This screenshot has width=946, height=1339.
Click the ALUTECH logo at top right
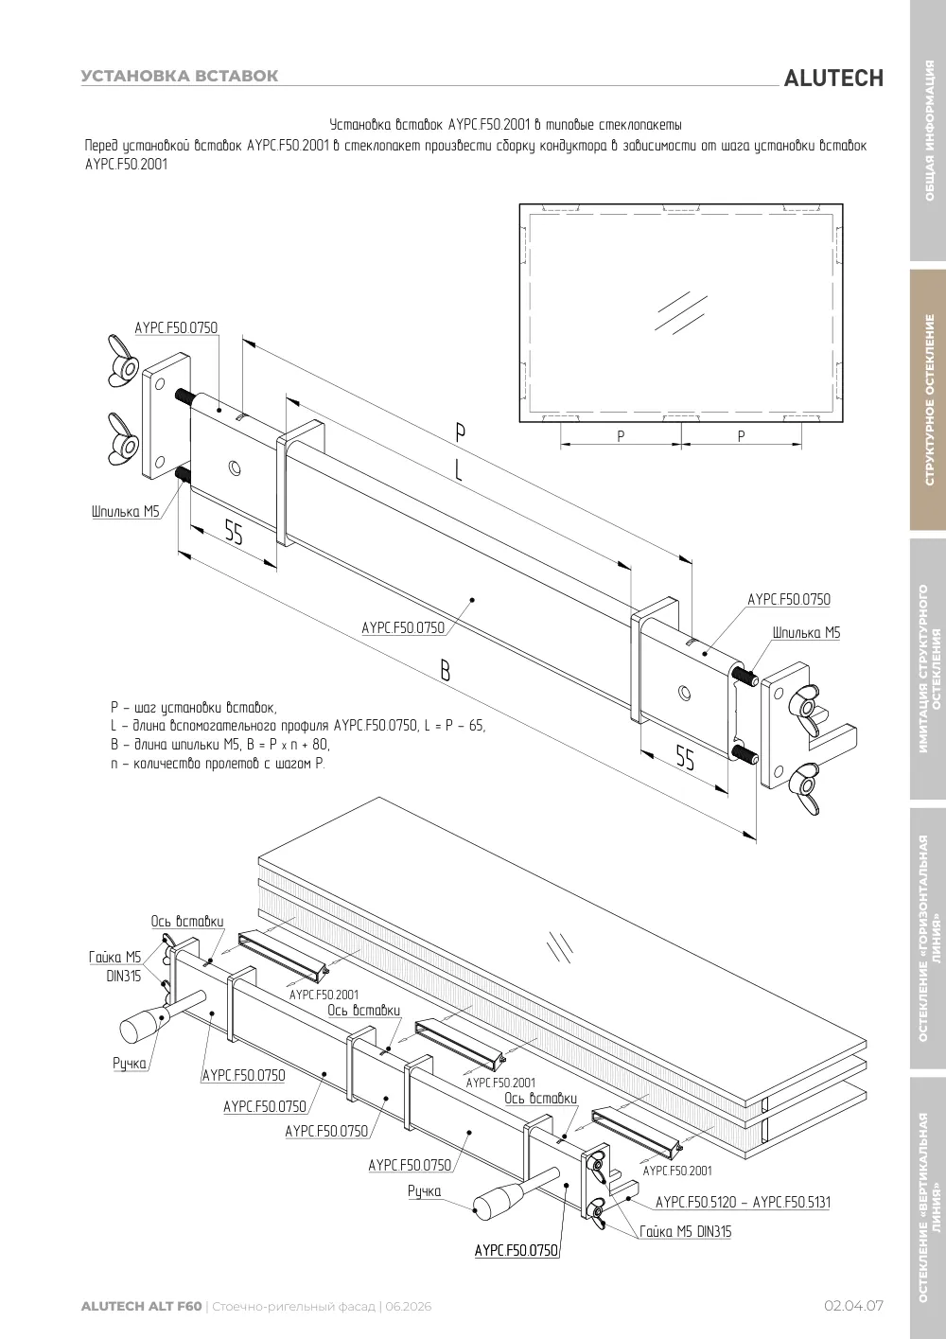[833, 79]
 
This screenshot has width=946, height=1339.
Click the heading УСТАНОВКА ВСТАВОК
[180, 76]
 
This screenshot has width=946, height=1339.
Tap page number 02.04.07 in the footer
[853, 1306]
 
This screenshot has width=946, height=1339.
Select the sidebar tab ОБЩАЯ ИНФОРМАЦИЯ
[929, 131]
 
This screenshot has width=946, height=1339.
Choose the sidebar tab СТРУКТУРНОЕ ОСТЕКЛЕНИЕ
[929, 400]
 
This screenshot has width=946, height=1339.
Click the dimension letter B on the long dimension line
[446, 671]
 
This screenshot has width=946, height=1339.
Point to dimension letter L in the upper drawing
[459, 470]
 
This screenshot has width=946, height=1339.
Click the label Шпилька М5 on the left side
[126, 512]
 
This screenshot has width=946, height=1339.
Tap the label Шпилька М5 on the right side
[806, 632]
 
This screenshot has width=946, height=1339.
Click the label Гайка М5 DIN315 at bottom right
[686, 1231]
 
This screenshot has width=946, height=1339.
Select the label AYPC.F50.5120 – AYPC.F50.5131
[743, 1202]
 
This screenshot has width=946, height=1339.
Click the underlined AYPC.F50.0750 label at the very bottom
[517, 1251]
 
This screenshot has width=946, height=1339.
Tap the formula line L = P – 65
[298, 726]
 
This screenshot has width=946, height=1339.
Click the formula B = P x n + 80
[219, 744]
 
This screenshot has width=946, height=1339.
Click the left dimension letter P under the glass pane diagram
[621, 436]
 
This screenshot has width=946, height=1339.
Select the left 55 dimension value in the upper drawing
[234, 532]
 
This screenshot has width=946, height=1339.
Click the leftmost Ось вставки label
[187, 921]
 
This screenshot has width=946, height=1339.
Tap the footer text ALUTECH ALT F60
[141, 1306]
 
